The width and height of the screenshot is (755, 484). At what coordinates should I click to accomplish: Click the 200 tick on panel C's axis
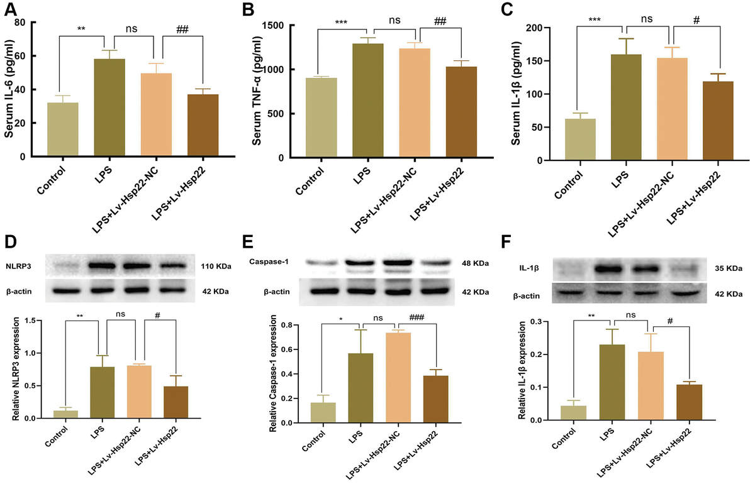click(538, 28)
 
